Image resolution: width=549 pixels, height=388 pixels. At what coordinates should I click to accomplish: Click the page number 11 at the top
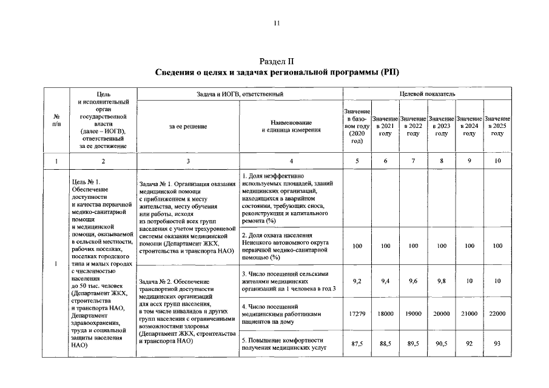[x=276, y=24]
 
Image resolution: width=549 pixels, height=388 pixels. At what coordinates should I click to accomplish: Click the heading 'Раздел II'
[x=276, y=61]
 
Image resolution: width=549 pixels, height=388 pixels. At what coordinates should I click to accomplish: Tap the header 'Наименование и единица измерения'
[x=291, y=126]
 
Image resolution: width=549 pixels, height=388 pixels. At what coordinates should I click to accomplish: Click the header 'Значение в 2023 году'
[x=441, y=126]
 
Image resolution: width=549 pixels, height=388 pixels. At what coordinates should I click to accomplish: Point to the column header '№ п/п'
[x=56, y=120]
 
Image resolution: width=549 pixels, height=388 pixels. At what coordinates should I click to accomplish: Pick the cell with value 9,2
[x=357, y=281]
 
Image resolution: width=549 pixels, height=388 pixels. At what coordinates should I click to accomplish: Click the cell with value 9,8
[x=441, y=281]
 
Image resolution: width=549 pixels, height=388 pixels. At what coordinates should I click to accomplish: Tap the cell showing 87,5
[x=357, y=344]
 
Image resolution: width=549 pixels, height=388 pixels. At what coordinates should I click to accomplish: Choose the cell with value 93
[x=497, y=344]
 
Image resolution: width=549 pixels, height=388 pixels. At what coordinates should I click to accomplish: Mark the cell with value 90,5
[x=441, y=344]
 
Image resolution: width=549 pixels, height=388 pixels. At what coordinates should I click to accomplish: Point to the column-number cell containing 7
[x=413, y=161]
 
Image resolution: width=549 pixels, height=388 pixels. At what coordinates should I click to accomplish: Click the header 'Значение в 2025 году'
[x=497, y=126]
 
